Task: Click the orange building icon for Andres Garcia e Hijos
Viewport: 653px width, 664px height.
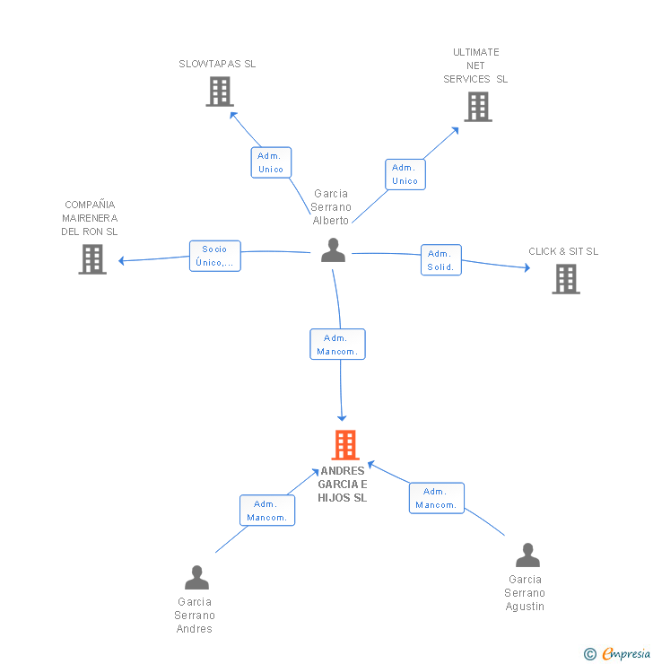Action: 345,445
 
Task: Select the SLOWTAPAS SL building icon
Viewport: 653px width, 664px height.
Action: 220,92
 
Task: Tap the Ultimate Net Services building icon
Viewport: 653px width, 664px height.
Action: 478,107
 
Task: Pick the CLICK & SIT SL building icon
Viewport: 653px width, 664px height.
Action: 565,279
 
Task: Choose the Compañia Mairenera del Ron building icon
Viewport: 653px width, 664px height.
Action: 92,259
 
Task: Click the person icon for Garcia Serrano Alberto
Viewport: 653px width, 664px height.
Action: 333,250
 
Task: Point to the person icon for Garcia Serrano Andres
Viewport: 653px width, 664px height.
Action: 196,578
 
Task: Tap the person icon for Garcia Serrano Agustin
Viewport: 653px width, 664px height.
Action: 527,555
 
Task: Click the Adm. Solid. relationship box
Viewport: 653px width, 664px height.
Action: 440,260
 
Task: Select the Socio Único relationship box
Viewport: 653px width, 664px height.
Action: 215,256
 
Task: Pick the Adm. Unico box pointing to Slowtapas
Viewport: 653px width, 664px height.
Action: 271,162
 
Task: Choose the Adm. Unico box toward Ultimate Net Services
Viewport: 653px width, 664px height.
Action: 405,174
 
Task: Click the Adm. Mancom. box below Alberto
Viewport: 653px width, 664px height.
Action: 337,345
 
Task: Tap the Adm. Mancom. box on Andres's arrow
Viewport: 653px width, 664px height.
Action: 267,511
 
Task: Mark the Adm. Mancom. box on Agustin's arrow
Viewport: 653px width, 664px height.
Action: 437,498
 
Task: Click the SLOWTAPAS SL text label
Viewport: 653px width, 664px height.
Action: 217,64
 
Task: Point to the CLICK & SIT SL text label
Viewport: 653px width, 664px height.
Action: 563,251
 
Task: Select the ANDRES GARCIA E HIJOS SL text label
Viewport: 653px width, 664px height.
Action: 343,485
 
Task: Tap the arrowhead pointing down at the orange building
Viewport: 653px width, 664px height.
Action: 341,417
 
